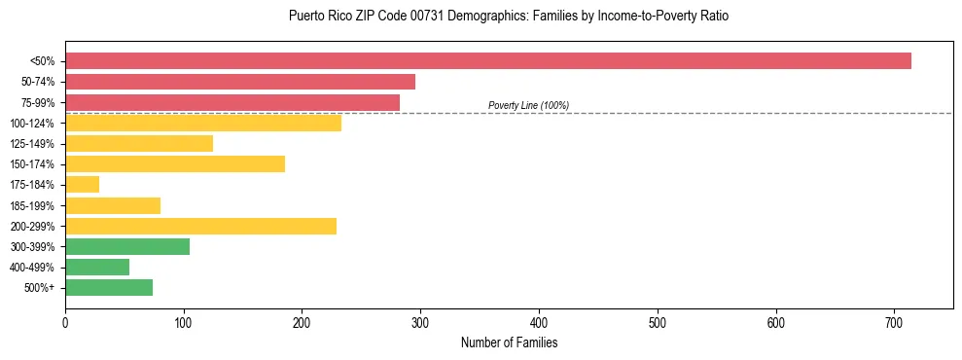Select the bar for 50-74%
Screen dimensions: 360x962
pyautogui.click(x=240, y=82)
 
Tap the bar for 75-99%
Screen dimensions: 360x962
pyautogui.click(x=232, y=102)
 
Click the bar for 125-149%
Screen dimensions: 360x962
pyautogui.click(x=139, y=143)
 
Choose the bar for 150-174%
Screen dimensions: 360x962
pyautogui.click(x=175, y=163)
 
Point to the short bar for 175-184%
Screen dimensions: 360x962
pyautogui.click(x=83, y=184)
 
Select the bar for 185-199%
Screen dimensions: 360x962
pyautogui.click(x=113, y=205)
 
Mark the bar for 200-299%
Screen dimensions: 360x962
pyautogui.click(x=200, y=226)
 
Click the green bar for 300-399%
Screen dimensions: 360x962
pyautogui.click(x=127, y=246)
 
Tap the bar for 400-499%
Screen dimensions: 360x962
pyautogui.click(x=97, y=267)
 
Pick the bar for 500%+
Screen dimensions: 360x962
pyautogui.click(x=109, y=287)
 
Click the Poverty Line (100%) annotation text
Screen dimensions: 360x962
pyautogui.click(x=528, y=105)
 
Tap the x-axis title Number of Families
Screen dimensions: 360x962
pyautogui.click(x=509, y=342)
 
